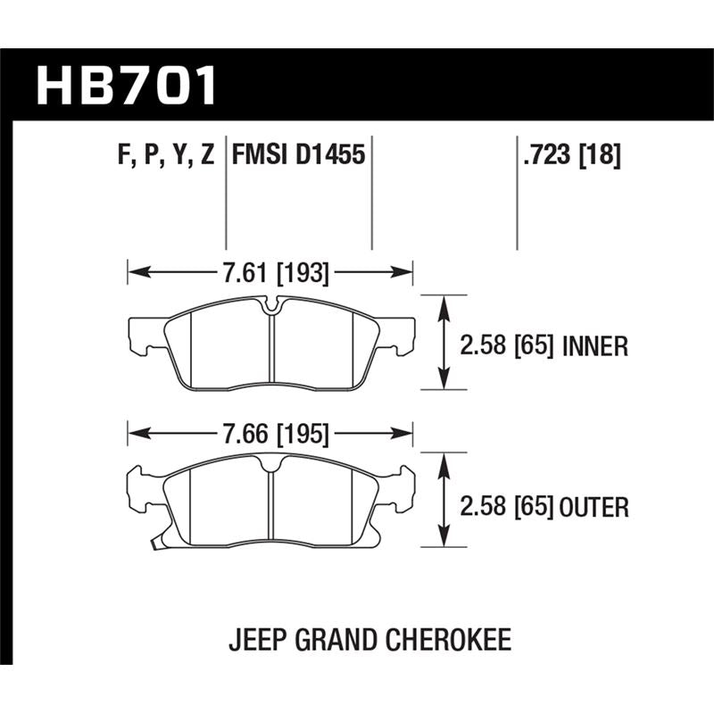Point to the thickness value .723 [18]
pos(569,155)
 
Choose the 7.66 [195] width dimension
pos(274,435)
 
